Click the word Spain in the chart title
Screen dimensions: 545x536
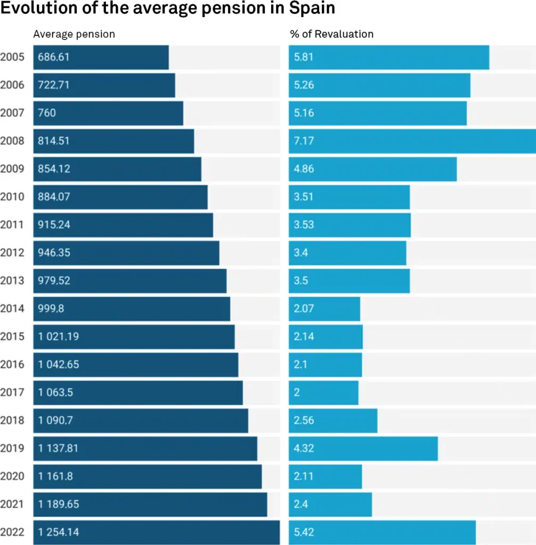(313, 9)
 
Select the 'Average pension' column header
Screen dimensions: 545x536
(74, 34)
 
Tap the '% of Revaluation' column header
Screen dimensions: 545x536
(331, 34)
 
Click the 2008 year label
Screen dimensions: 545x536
(12, 141)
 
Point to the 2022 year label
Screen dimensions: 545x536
(12, 532)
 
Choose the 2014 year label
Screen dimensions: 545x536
(12, 309)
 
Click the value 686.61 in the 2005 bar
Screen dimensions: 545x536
(53, 57)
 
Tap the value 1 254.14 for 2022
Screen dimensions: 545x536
(58, 532)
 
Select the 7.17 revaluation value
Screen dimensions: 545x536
(303, 141)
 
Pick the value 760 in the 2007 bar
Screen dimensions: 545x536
(47, 113)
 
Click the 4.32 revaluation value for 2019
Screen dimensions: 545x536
(304, 448)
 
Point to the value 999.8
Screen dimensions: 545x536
(51, 309)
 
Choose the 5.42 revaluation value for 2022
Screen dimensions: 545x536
(304, 532)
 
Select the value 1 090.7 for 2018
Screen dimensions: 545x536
(55, 420)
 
